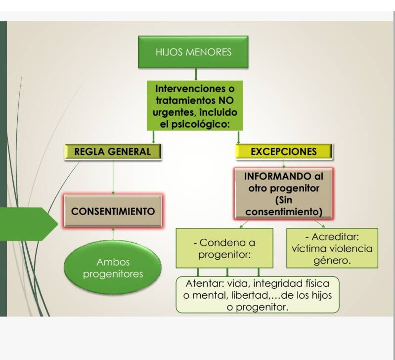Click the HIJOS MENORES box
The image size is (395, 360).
point(193,52)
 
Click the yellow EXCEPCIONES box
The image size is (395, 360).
point(283,152)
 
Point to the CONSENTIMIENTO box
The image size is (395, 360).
point(113,211)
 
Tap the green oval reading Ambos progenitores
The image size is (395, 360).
point(113,268)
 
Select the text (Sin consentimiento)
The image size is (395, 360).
point(283,206)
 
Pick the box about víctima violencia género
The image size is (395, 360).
point(332,249)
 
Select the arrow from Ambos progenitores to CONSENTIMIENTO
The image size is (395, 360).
point(113,234)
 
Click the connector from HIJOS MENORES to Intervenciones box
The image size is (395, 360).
point(196,74)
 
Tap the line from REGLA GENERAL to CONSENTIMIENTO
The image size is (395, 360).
point(113,177)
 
